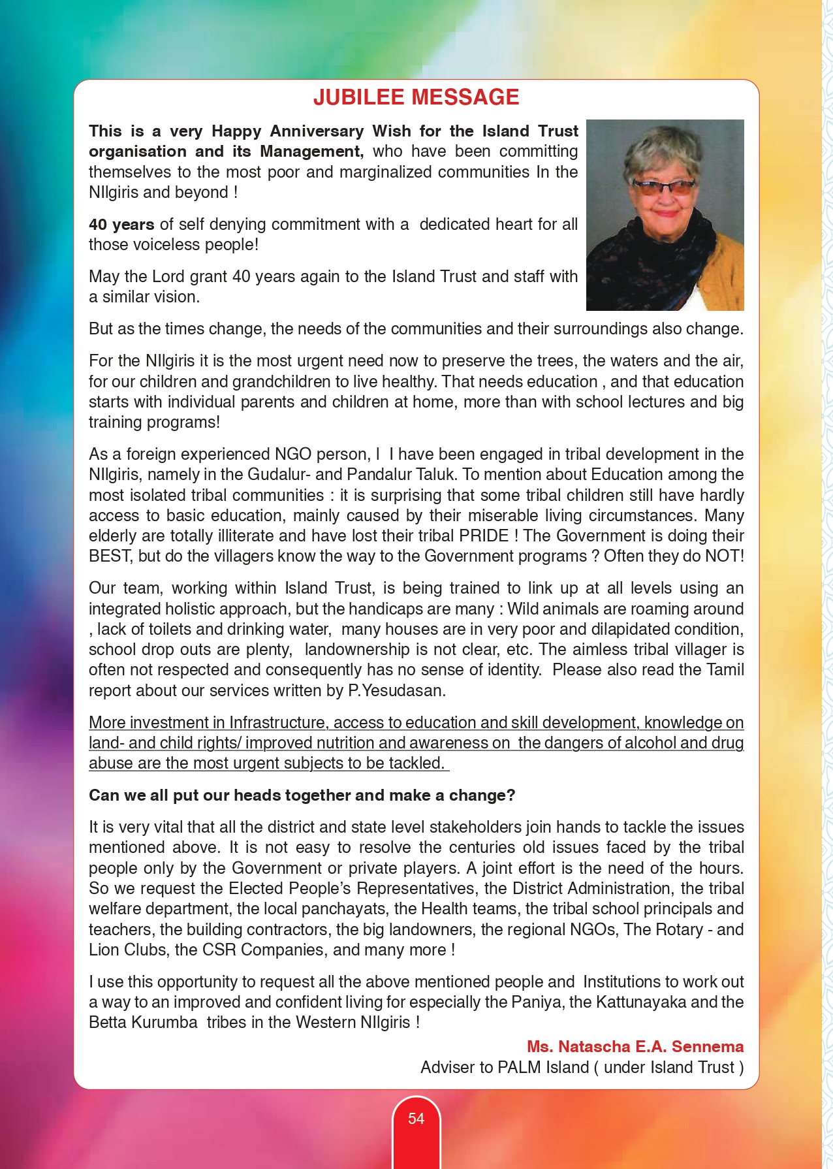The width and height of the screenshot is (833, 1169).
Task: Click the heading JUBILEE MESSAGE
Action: click(416, 97)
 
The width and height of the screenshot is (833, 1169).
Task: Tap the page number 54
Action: click(416, 1119)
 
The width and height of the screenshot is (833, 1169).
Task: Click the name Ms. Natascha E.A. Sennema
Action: click(635, 1046)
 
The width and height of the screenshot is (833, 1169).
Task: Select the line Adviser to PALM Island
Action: click(582, 1067)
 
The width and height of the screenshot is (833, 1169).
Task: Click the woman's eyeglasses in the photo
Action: click(664, 189)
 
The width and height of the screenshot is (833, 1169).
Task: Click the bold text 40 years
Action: click(121, 224)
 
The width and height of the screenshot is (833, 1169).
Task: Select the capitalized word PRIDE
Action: click(484, 536)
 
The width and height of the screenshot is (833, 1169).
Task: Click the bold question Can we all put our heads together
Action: click(302, 795)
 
